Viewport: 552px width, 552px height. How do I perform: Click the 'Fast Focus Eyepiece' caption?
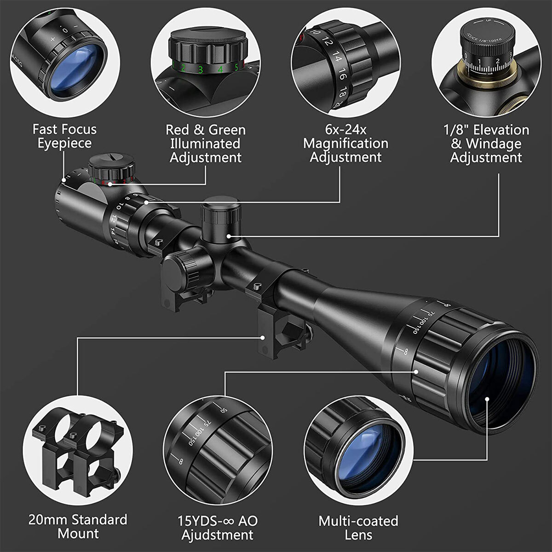[64, 136]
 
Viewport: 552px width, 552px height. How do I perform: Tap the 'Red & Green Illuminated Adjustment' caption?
[206, 144]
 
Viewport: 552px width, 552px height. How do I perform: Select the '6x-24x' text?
[345, 130]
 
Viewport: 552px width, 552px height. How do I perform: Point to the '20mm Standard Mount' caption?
[78, 527]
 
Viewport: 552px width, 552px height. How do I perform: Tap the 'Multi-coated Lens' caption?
[358, 528]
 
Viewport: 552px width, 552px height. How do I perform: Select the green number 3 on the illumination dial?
[201, 70]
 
